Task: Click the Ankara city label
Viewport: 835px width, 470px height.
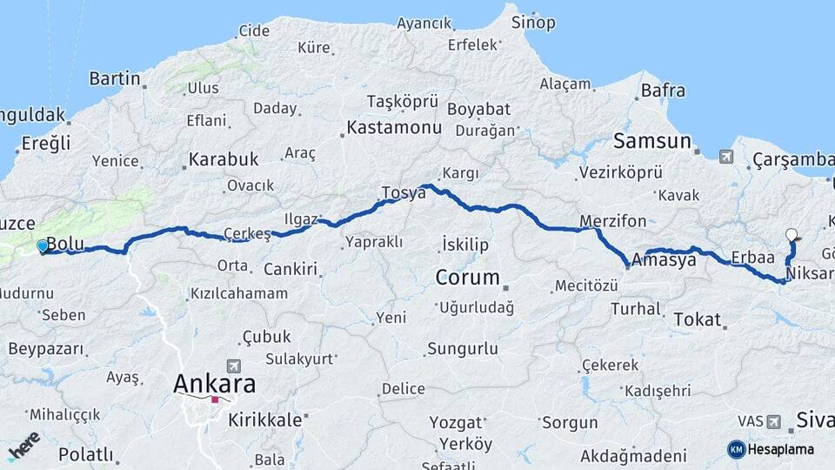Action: click(215, 383)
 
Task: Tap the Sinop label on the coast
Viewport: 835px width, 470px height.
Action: click(533, 23)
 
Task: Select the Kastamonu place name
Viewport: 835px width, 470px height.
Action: click(394, 128)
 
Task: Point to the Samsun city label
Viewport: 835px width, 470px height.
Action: click(651, 141)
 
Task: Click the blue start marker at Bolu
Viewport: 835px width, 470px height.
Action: click(42, 246)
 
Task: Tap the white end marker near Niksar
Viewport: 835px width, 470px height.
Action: click(791, 234)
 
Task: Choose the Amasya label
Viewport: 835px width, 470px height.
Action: click(665, 259)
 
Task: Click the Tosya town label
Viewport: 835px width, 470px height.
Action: click(403, 192)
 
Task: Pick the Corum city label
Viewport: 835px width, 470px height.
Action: click(468, 279)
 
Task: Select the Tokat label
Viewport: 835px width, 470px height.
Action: click(698, 319)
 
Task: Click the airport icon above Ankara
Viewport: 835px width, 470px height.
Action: click(232, 366)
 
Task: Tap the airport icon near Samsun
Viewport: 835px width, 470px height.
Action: click(725, 158)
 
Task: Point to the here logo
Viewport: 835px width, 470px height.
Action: click(23, 446)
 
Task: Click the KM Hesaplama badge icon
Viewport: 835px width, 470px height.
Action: click(736, 449)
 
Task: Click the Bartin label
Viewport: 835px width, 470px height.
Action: click(115, 78)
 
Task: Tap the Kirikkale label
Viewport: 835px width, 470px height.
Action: click(264, 420)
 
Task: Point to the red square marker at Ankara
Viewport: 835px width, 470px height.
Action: click(215, 400)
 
